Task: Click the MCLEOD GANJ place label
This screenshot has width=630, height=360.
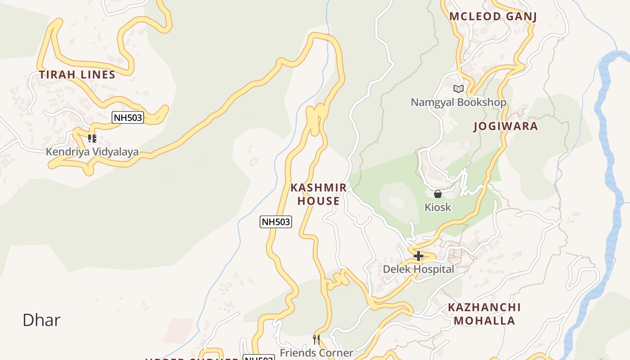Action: coord(493,17)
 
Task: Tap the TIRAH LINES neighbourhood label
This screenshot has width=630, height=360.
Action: coord(77,75)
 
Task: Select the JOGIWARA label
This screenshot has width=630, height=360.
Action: coord(505,126)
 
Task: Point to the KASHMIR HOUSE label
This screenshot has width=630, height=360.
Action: coord(318,194)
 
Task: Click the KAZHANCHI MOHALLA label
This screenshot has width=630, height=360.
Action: coord(484,314)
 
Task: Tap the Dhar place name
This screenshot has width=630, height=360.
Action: coord(41,320)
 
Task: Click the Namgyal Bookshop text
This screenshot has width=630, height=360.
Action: coord(458,102)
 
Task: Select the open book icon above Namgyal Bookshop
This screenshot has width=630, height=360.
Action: coord(458,89)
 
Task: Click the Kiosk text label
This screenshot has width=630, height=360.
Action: coord(437,207)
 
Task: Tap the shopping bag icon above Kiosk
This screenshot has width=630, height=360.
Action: coord(437,194)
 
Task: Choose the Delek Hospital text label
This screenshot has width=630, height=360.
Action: coord(418,270)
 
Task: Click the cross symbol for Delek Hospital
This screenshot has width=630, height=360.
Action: coord(418,256)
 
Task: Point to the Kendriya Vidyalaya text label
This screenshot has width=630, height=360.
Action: coord(92,152)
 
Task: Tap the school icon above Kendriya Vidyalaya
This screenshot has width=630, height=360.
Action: coord(92,138)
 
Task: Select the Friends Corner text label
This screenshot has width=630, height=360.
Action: coord(316,352)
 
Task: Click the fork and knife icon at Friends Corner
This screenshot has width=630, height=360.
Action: coord(316,339)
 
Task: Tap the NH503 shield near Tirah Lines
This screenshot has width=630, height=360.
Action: coord(128,118)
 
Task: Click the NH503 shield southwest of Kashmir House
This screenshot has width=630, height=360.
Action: coord(275,221)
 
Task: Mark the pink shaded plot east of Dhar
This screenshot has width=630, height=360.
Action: coord(179,331)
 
